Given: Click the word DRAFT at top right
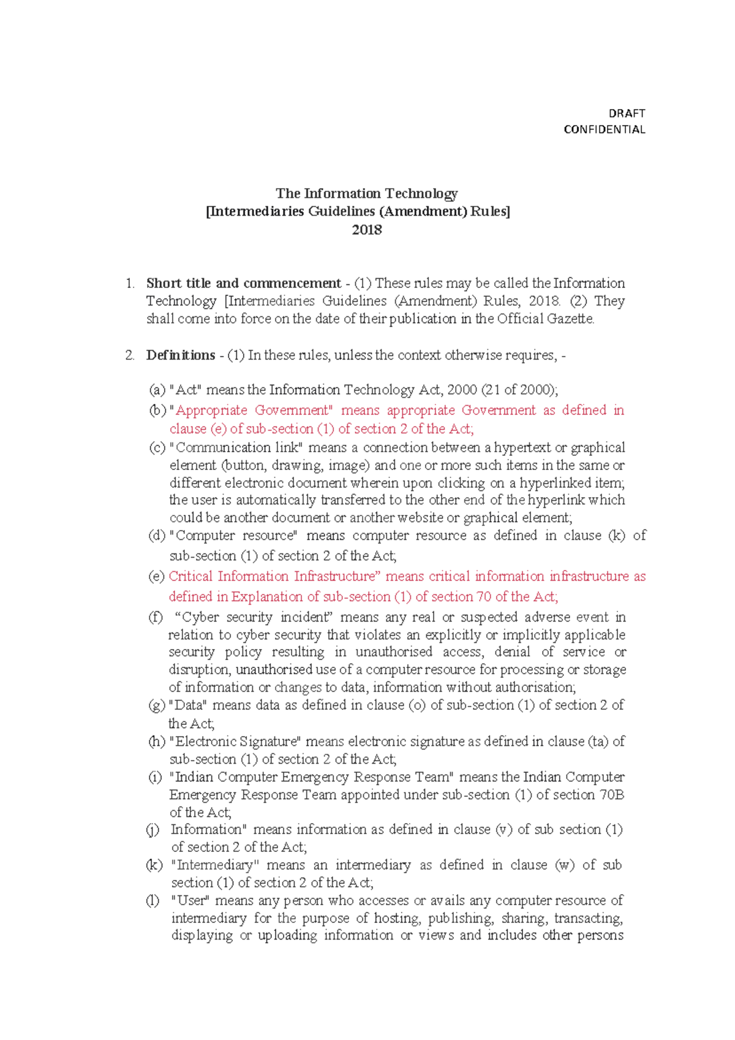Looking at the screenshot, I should (627, 113).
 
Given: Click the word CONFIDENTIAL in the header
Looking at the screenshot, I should (604, 129).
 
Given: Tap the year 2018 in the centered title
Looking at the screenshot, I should (367, 230).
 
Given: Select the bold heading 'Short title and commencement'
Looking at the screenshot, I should (243, 283).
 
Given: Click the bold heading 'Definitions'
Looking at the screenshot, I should (181, 355).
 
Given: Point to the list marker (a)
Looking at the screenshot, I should (157, 390).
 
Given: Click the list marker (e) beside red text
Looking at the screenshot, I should (157, 576).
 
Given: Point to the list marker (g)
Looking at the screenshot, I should (157, 705).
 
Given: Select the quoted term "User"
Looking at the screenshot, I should (190, 901).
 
